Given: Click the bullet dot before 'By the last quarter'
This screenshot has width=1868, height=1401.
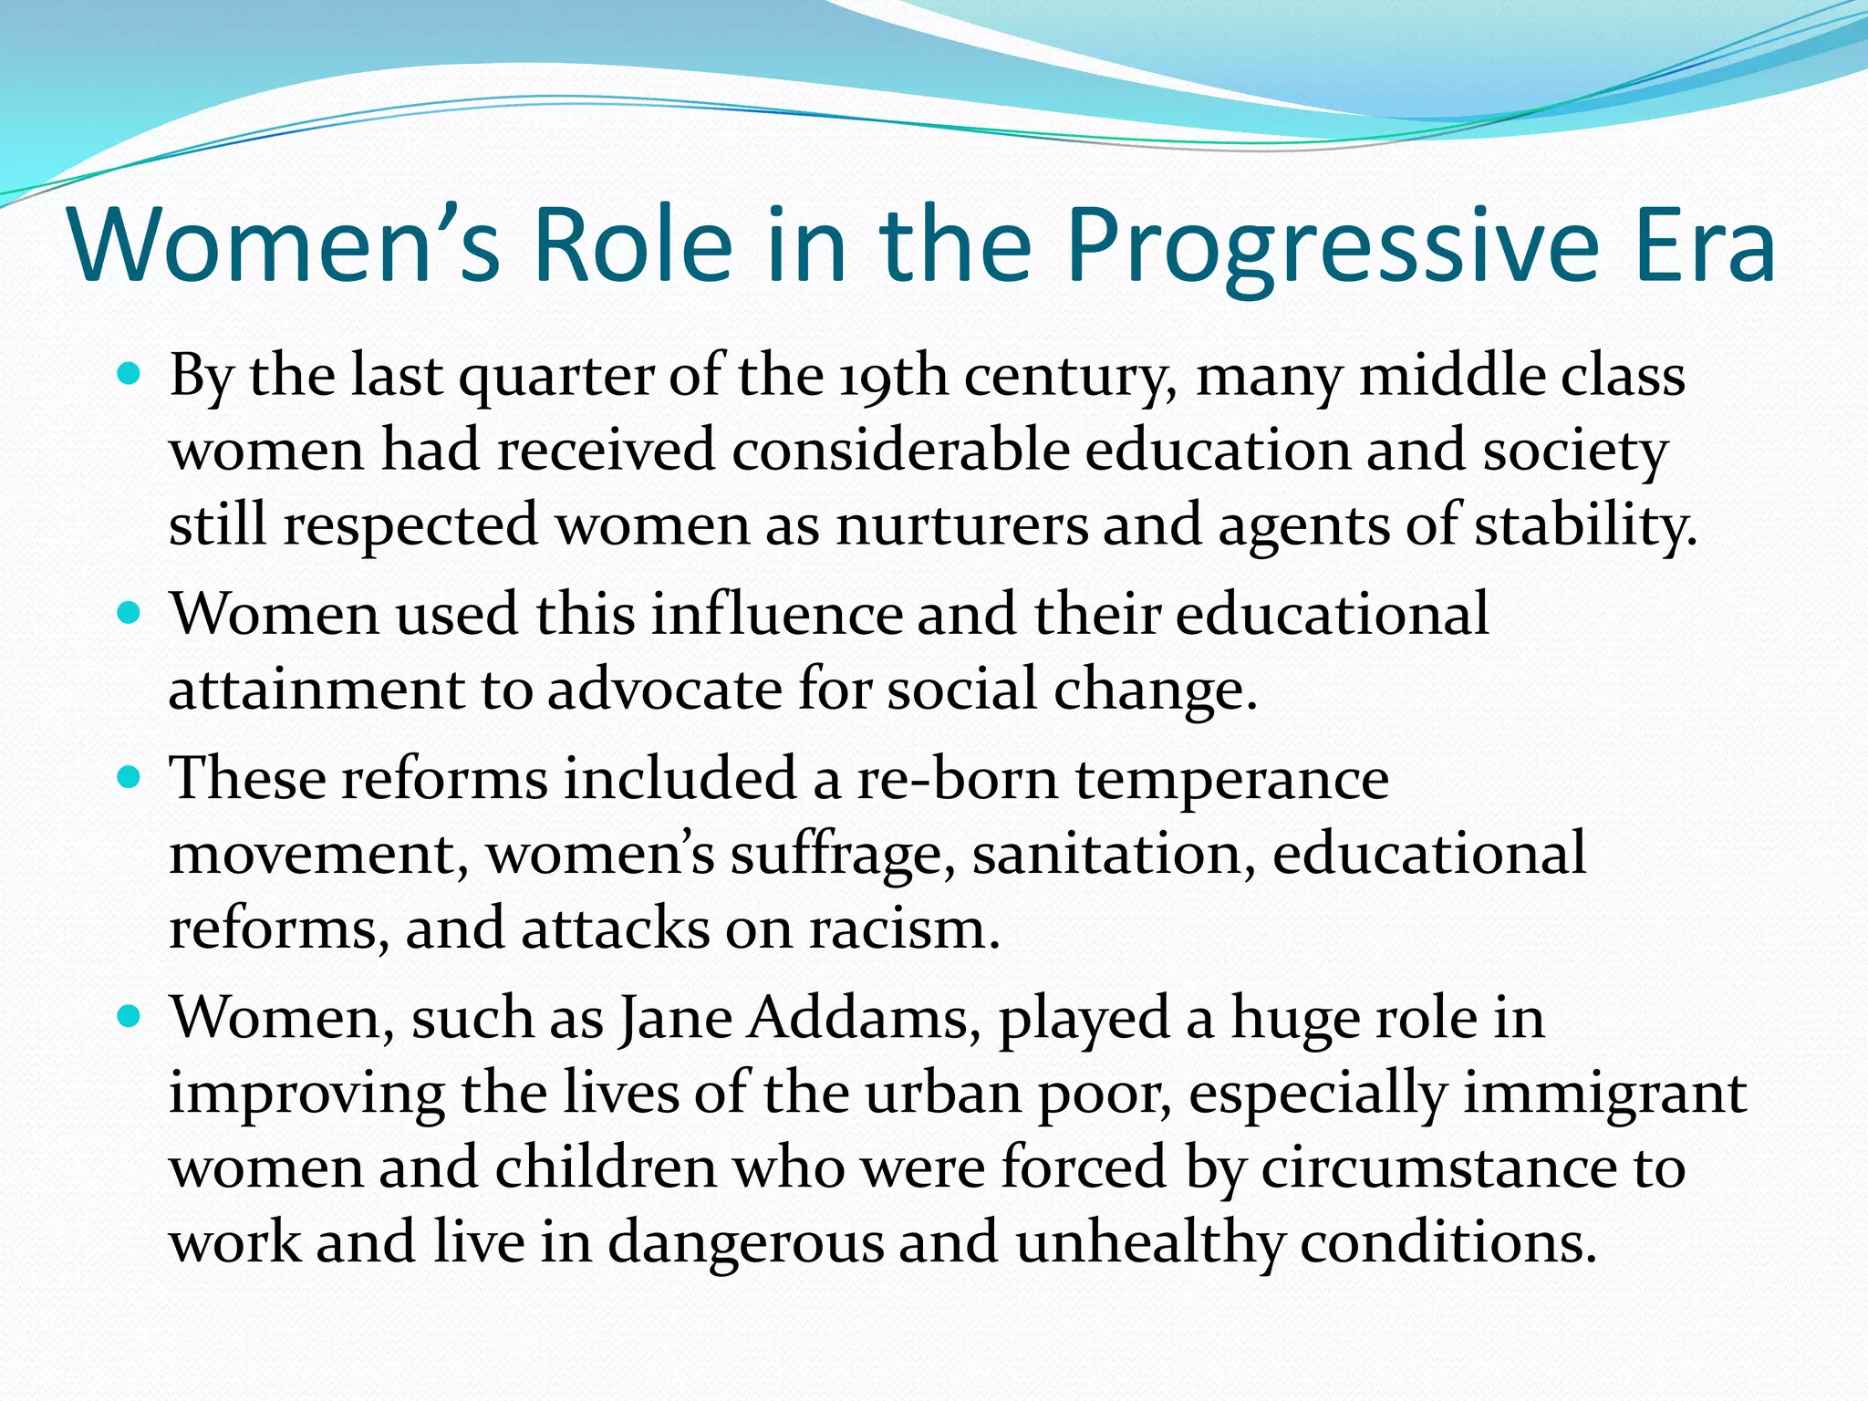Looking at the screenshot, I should pyautogui.click(x=130, y=373).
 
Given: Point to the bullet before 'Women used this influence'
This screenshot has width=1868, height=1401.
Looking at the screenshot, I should pyautogui.click(x=130, y=612).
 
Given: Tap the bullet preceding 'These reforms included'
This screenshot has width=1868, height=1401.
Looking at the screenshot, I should pyautogui.click(x=130, y=777).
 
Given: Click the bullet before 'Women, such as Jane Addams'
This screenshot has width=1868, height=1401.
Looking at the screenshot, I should pyautogui.click(x=130, y=1016).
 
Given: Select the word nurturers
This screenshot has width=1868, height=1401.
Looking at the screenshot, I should pyautogui.click(x=961, y=526).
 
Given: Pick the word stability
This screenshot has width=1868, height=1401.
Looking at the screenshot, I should pyautogui.click(x=1585, y=526).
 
